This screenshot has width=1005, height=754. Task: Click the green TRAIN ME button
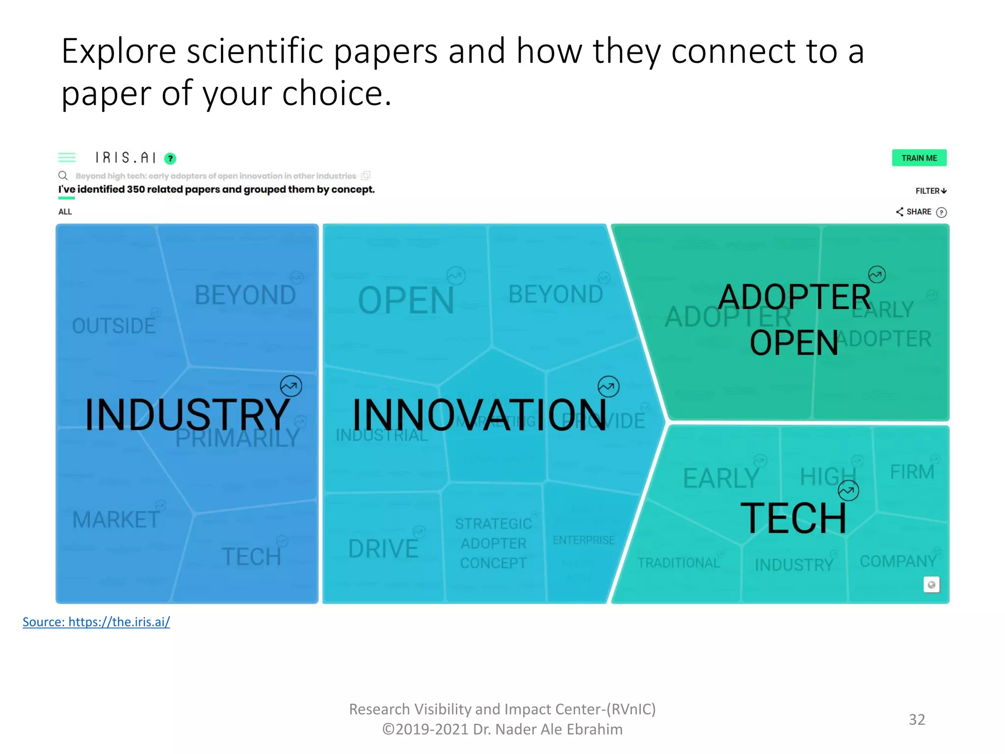pos(919,158)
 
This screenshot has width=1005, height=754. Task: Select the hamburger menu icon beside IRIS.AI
pos(67,158)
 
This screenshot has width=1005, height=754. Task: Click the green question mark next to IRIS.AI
pos(170,159)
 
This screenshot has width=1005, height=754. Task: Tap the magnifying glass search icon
pos(63,176)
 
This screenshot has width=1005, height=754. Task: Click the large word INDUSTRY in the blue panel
pos(186,415)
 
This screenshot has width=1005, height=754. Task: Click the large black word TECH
pos(793,518)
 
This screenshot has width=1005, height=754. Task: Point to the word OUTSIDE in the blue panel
pos(113,326)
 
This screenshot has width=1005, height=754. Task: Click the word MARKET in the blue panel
pos(116,519)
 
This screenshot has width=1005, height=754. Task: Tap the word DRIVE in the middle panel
pos(383,549)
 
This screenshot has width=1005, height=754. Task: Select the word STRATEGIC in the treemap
pos(493,524)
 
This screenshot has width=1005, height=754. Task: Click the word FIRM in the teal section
pos(912,472)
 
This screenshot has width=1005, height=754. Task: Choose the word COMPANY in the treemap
pos(898,561)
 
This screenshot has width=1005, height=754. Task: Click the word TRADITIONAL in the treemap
pos(679,563)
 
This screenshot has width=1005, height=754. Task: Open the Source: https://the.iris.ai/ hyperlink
pos(96,622)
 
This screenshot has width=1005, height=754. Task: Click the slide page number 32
pos(917,719)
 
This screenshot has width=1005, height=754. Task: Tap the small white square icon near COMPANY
pos(931,585)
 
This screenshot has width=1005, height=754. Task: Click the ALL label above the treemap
pos(65,212)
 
